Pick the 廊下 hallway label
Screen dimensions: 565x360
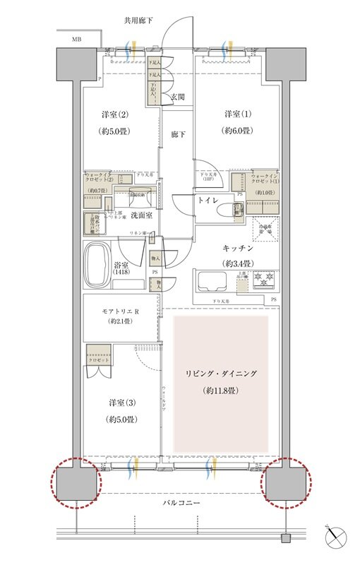(x=178, y=134)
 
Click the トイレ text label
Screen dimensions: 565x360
(x=207, y=200)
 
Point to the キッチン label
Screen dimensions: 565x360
(x=238, y=249)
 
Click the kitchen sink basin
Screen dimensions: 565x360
(x=212, y=281)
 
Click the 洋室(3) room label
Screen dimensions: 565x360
(x=118, y=402)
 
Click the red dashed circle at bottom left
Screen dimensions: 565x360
(x=76, y=483)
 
